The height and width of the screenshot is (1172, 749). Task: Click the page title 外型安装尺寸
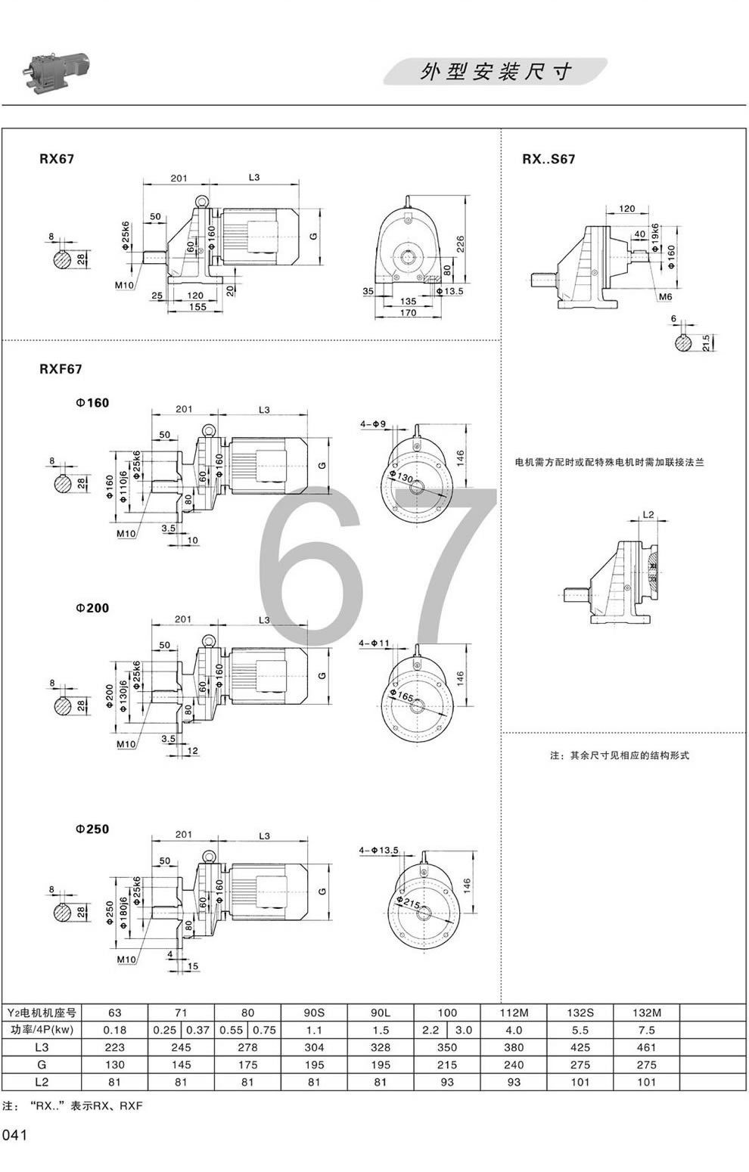pyautogui.click(x=496, y=72)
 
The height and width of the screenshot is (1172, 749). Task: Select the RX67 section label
pyautogui.click(x=57, y=160)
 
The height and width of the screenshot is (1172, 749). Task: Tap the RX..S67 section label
pyautogui.click(x=549, y=160)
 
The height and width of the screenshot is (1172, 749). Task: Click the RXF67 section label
pyautogui.click(x=61, y=369)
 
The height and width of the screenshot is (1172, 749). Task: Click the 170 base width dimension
pyautogui.click(x=408, y=312)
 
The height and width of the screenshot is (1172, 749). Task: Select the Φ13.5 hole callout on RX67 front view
pyautogui.click(x=449, y=291)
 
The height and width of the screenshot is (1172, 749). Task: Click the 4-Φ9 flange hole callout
pyautogui.click(x=374, y=426)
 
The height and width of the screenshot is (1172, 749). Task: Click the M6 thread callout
pyautogui.click(x=664, y=297)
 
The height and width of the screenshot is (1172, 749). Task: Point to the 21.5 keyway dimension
pyautogui.click(x=706, y=343)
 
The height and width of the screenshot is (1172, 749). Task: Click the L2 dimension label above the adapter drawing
pyautogui.click(x=648, y=515)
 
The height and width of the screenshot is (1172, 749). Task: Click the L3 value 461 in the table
pyautogui.click(x=646, y=1047)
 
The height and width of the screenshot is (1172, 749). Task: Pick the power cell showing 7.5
pyautogui.click(x=646, y=1030)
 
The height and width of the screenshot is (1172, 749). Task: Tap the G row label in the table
pyautogui.click(x=42, y=1065)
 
